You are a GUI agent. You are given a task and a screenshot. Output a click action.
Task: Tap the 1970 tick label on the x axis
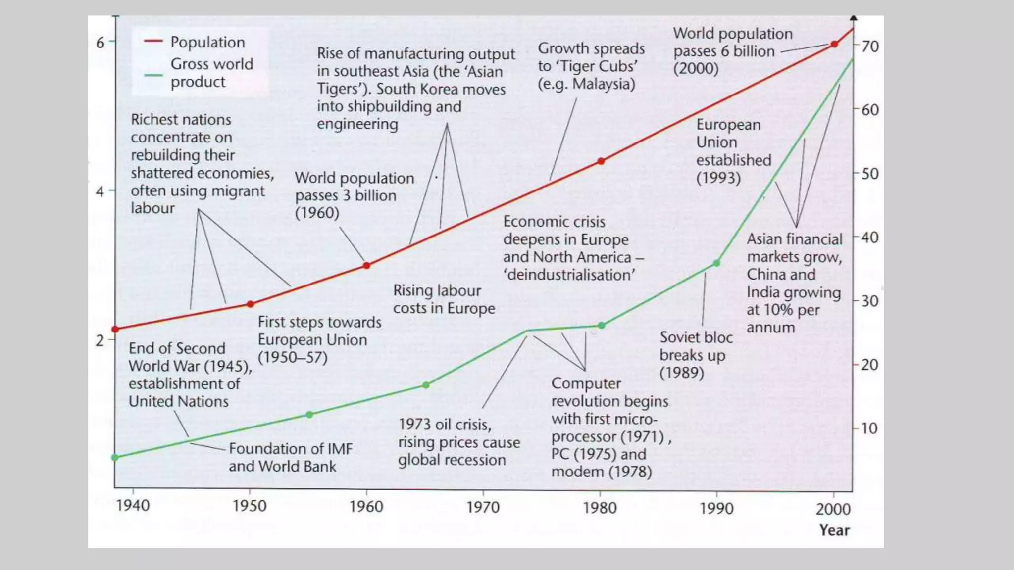[x=483, y=507]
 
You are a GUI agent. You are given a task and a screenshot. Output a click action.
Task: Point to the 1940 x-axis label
[x=133, y=506]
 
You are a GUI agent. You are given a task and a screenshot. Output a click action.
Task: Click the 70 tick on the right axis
[x=870, y=47]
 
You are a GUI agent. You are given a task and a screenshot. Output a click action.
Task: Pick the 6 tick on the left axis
[x=101, y=43]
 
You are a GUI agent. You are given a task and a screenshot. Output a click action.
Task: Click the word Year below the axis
[x=834, y=530]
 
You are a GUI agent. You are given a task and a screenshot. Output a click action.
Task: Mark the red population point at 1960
[x=366, y=266]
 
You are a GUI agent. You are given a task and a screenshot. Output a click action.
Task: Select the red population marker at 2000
[x=834, y=45]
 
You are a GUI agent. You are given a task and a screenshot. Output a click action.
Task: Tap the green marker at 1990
[x=716, y=263]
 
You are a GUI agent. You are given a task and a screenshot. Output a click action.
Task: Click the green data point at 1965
[x=426, y=385]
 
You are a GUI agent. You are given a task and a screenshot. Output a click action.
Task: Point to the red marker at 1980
[x=601, y=161]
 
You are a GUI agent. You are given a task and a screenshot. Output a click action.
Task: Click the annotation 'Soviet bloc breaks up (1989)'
[x=695, y=355]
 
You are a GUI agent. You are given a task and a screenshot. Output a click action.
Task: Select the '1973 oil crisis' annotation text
[x=458, y=442]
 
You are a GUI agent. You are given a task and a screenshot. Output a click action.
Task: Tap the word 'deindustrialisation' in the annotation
[x=569, y=275]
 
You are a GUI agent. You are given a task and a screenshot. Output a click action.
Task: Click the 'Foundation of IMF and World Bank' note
[x=290, y=457]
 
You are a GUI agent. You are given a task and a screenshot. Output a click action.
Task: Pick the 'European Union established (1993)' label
[x=733, y=151]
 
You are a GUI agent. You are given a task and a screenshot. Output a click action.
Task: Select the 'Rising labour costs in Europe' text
[x=444, y=299]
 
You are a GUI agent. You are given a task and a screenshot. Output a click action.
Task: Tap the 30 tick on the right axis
[x=870, y=301]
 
